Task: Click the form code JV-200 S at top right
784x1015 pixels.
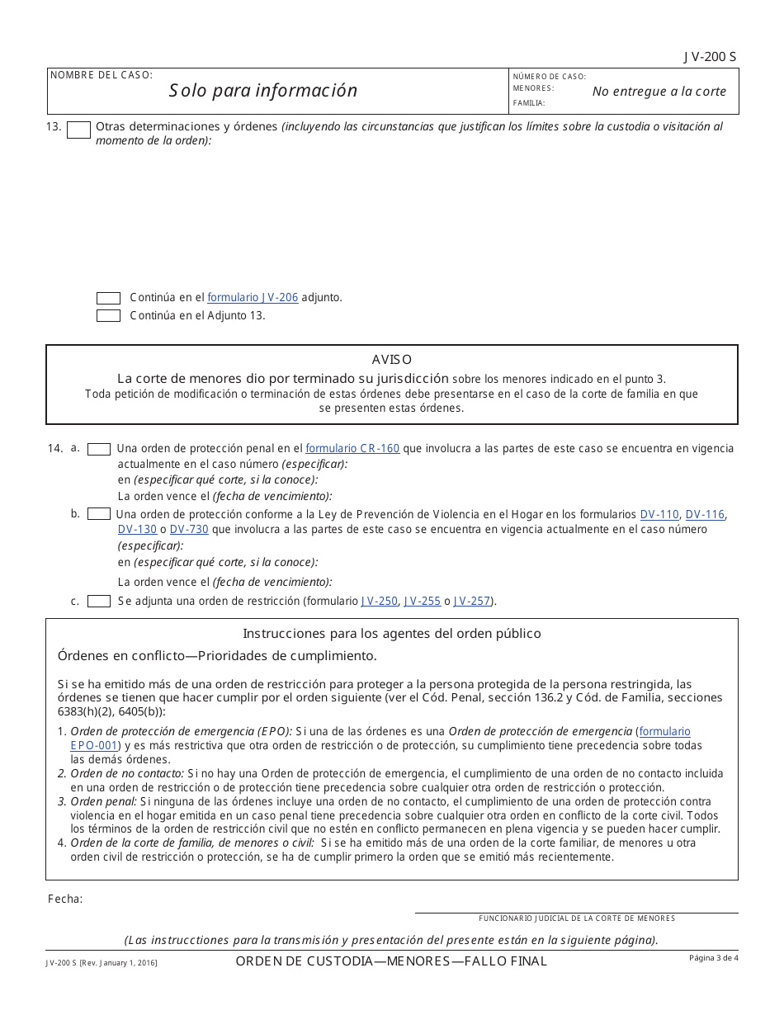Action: [710, 57]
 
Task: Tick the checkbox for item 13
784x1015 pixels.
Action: [78, 130]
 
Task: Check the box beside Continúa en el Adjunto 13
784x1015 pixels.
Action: [108, 315]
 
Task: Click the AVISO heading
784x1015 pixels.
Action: [392, 360]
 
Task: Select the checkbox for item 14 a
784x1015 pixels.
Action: [99, 449]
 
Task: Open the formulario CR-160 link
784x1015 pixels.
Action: [352, 448]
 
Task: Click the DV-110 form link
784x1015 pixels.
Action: [659, 514]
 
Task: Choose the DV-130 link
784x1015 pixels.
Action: [137, 529]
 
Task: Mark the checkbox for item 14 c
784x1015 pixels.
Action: [99, 601]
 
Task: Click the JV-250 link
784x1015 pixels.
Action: [379, 601]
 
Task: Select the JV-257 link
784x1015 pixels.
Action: [472, 601]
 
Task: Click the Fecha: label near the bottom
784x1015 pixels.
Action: [65, 899]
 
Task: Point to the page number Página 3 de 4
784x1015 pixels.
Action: [714, 957]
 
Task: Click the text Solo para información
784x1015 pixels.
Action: [263, 91]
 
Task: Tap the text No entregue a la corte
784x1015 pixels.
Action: [659, 92]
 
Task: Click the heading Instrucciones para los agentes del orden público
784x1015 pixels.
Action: [392, 634]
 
